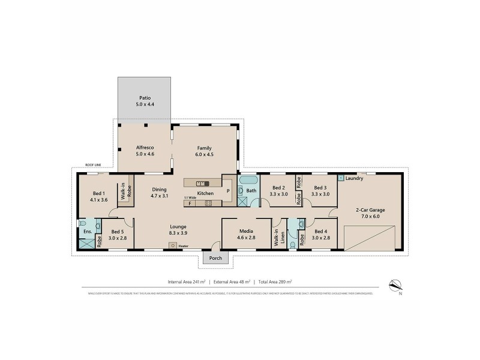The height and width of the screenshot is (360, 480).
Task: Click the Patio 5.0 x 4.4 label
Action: pos(144,100)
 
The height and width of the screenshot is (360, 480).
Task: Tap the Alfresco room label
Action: pos(144,151)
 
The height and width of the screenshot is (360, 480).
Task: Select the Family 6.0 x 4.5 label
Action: pos(205,151)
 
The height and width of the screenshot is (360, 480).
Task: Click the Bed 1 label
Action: pos(99,196)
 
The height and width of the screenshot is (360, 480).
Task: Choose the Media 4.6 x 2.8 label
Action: pos(245,234)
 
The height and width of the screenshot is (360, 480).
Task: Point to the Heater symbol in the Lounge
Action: pos(173,245)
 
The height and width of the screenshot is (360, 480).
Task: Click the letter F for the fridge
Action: pos(190,203)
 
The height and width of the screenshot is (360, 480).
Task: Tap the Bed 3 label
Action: pos(320,190)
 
